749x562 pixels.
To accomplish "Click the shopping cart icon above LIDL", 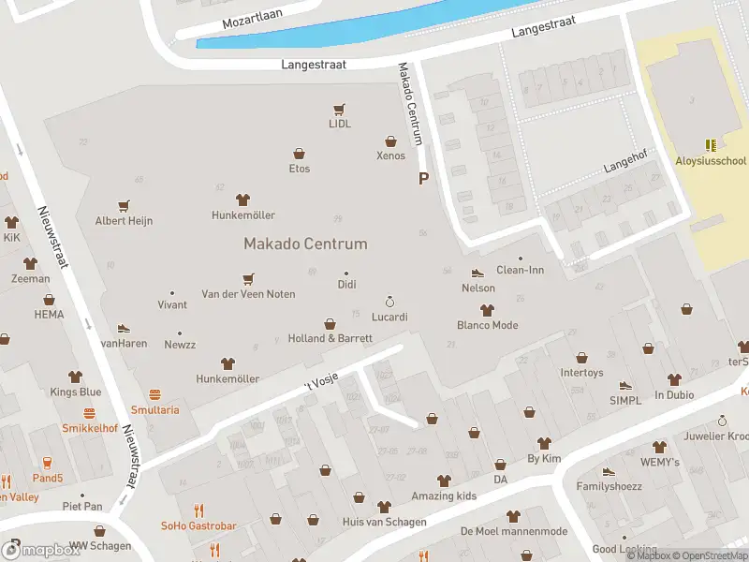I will coord(339,109).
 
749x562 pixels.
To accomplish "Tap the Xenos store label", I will coord(390,155).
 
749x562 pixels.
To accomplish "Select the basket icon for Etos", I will coord(299,154).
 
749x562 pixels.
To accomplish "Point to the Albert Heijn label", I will coord(124,221).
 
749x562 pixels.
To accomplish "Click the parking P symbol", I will coord(423,178).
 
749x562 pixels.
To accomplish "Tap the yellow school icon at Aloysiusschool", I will coord(711,145).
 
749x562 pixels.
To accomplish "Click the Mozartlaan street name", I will coord(253,18).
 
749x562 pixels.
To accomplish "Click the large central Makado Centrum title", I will coord(305,244).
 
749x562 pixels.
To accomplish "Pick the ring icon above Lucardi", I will coord(389,302).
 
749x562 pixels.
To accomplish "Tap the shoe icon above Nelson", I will coord(477,273).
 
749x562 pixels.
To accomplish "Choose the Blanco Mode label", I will coord(487,326).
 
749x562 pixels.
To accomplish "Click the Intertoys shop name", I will coord(581,373).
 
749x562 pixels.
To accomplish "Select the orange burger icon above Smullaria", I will coord(154,395).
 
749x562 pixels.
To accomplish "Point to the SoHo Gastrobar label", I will coord(198,525).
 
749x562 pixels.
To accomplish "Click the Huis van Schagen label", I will coord(385,522).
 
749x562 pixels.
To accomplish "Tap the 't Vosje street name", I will coord(320,379).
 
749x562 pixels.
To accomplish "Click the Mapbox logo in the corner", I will coord(41,550).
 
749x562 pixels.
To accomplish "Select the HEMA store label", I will coord(49,315).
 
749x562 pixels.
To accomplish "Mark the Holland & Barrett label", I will coord(330,338).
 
